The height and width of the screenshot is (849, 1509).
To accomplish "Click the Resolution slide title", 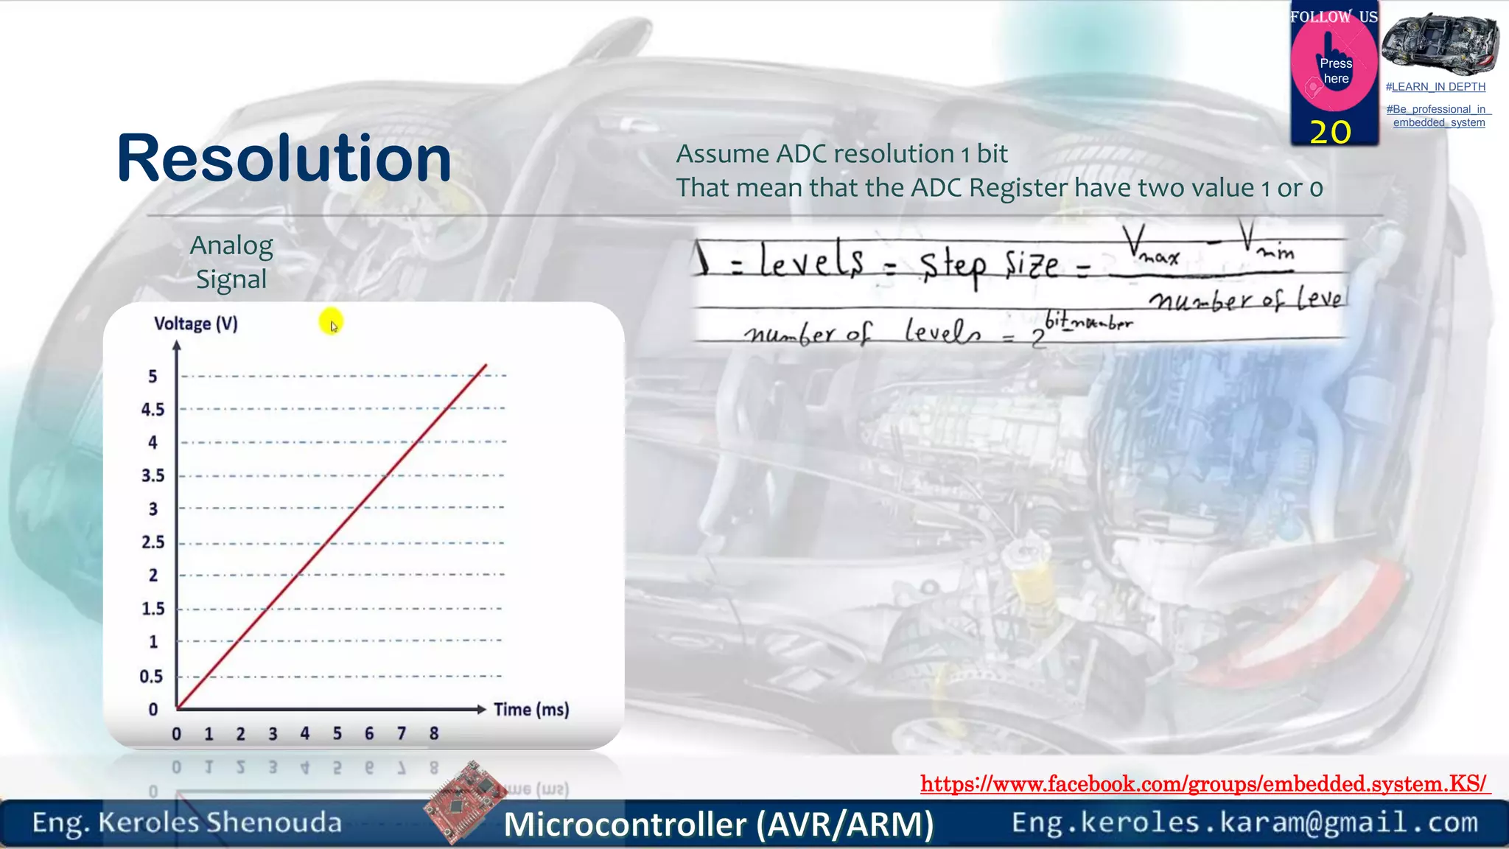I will [284, 158].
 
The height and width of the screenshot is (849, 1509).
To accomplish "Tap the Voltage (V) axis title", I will [196, 324].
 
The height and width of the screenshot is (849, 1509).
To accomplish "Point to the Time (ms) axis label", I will [531, 710].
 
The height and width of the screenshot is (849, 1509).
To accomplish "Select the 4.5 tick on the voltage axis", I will [153, 410].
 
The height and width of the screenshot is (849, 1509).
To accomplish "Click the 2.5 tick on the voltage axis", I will [153, 542].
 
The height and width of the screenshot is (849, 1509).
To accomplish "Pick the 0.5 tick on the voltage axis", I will [151, 677].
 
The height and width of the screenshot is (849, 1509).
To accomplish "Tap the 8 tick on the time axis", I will [434, 734].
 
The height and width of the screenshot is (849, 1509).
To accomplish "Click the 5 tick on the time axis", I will [337, 734].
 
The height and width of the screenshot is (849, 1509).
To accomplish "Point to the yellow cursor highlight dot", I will [331, 321].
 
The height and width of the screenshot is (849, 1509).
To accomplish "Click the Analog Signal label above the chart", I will [231, 262].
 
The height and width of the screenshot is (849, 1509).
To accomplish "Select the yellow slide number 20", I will [1330, 133].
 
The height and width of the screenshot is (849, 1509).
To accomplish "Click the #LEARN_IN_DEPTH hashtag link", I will [1435, 87].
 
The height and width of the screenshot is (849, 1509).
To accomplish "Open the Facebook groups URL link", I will [1205, 783].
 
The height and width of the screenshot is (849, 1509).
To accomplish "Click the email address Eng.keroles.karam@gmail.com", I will [1244, 822].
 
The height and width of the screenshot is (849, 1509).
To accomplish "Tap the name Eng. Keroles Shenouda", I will [187, 822].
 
